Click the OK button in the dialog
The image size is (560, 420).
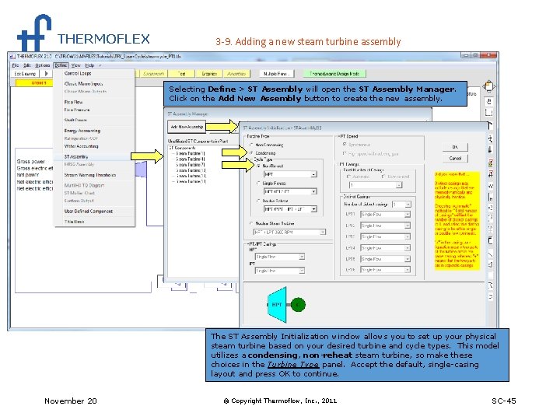[x=455, y=147]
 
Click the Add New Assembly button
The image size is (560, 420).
[x=185, y=126]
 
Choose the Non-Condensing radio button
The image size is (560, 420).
[x=251, y=145]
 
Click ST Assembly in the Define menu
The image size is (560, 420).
[x=76, y=156]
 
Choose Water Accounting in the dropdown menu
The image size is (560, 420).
[x=81, y=145]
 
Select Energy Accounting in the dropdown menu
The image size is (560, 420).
[x=82, y=131]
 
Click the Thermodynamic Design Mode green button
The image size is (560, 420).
[x=334, y=74]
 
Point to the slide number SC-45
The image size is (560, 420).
[x=503, y=401]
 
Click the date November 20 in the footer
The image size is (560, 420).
[x=71, y=401]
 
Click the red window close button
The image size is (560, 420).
[x=493, y=56]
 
